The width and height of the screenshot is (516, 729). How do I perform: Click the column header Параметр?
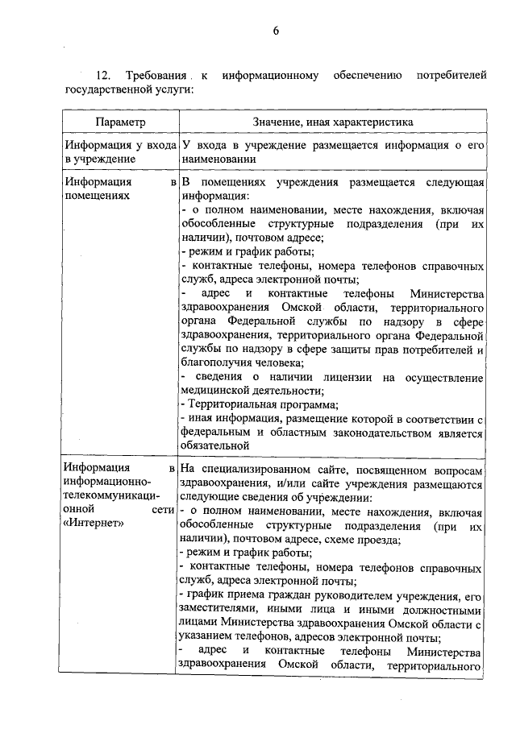(x=119, y=122)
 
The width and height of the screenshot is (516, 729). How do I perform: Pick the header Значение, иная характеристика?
(x=332, y=122)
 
